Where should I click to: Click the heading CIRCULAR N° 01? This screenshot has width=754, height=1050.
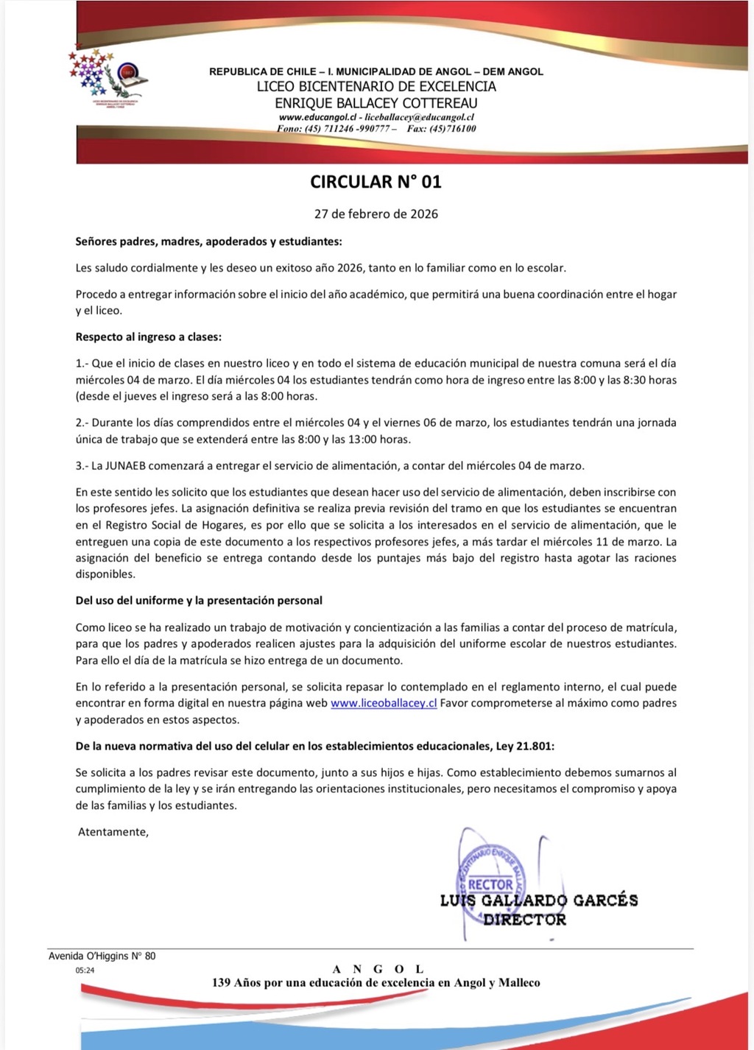coord(376,182)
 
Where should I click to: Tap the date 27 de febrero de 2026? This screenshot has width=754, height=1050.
coord(376,214)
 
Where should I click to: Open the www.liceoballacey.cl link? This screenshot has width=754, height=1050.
coord(384,703)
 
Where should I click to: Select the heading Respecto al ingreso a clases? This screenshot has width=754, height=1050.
coord(148,337)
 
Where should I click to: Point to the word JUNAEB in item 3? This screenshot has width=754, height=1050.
coord(127,466)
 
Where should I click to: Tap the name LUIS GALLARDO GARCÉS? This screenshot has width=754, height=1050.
coord(538,901)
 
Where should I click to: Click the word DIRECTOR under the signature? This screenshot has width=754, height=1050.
coord(524,920)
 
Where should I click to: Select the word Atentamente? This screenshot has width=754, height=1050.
coord(113,832)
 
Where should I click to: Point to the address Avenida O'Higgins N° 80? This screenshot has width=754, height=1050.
coord(102,956)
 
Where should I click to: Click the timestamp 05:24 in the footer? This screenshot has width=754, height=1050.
coord(85,970)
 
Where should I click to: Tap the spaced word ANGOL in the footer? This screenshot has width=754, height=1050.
coord(378,969)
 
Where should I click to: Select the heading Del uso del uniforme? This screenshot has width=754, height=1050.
coord(199,601)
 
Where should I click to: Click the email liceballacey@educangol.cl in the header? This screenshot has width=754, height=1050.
coord(419,117)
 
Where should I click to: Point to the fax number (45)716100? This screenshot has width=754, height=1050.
coord(452,129)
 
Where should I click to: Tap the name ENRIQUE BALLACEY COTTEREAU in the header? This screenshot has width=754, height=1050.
coord(376,103)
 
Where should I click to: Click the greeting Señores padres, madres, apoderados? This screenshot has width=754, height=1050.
coord(208,242)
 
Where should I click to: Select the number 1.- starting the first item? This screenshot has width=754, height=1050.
coord(82,364)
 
